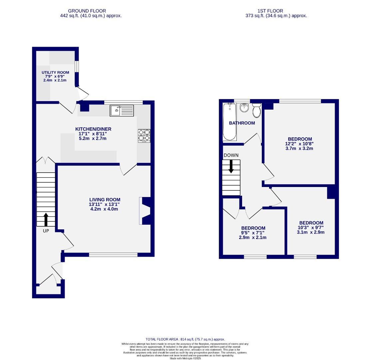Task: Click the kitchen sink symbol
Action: tap(122, 110)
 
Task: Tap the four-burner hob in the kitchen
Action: tap(144, 136)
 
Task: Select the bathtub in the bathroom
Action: tap(229, 122)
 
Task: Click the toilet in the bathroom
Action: tap(256, 111)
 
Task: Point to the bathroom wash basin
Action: tap(244, 108)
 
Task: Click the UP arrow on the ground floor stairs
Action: tap(46, 220)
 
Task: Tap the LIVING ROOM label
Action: tap(105, 200)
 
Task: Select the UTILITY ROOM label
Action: tap(55, 72)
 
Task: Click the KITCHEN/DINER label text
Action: tap(93, 129)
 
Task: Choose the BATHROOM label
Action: tap(242, 123)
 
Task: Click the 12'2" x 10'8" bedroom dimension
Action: tap(300, 144)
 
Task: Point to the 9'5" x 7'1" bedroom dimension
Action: tap(253, 233)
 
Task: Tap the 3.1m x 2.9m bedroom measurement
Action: tap(311, 232)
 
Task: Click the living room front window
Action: tap(113, 255)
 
